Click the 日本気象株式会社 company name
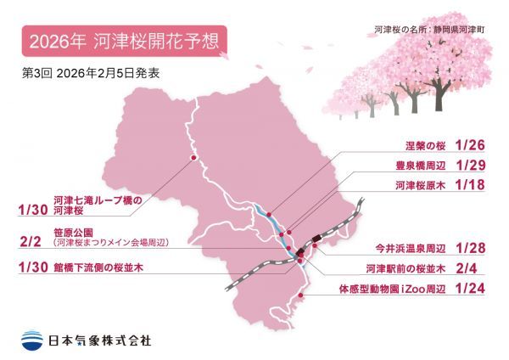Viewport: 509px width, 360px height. pyautogui.click(x=104, y=339)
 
